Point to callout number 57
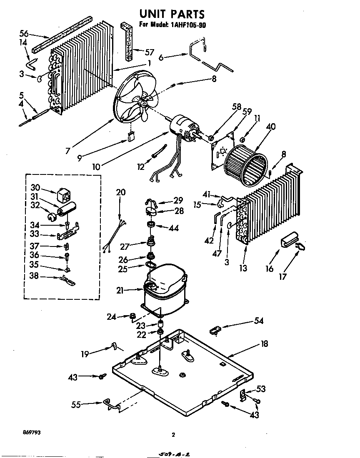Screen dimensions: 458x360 tap(149, 52)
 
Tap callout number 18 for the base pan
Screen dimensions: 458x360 tap(264, 344)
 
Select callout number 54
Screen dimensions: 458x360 tap(259, 321)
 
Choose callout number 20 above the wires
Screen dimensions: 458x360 tap(120, 192)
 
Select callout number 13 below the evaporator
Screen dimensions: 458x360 tap(243, 268)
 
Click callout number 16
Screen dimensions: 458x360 tap(270, 269)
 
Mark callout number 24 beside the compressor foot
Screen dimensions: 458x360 tap(111, 317)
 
